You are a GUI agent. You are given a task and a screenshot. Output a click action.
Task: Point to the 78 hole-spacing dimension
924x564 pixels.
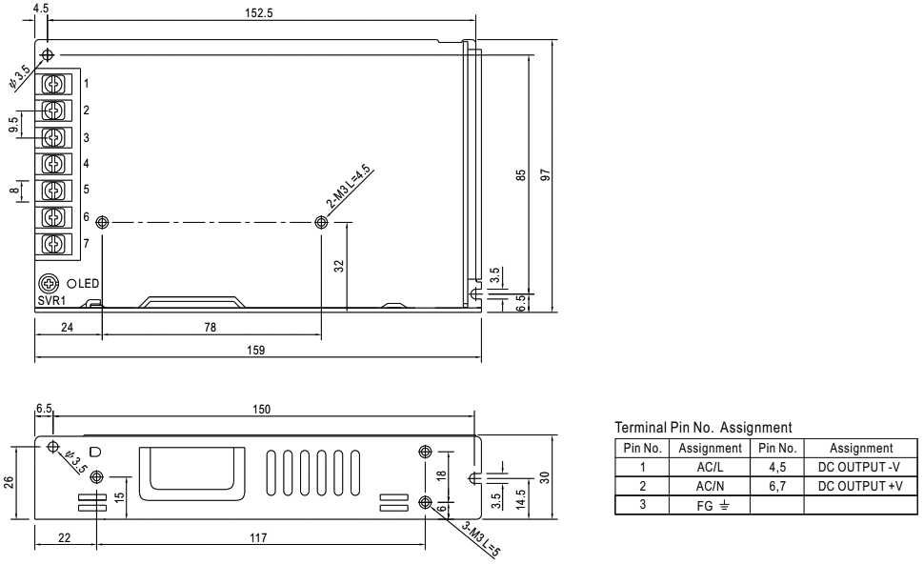210,327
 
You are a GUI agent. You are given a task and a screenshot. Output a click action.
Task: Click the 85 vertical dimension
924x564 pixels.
519,175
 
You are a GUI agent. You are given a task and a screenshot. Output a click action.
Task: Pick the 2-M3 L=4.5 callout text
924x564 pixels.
350,186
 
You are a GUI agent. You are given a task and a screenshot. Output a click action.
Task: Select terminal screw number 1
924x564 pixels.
55,84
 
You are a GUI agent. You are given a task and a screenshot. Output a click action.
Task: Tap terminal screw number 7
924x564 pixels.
55,244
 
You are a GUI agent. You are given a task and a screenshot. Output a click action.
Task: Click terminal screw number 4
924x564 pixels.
55,164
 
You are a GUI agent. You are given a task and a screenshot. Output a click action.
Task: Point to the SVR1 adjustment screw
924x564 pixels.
47,283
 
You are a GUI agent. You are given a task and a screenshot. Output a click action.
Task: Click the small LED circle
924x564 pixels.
71,284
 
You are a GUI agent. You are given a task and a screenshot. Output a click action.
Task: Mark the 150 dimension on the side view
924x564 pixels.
262,409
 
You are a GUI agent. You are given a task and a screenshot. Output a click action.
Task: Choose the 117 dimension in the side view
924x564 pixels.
259,537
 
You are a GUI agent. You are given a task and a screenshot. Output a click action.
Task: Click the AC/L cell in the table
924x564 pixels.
710,467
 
